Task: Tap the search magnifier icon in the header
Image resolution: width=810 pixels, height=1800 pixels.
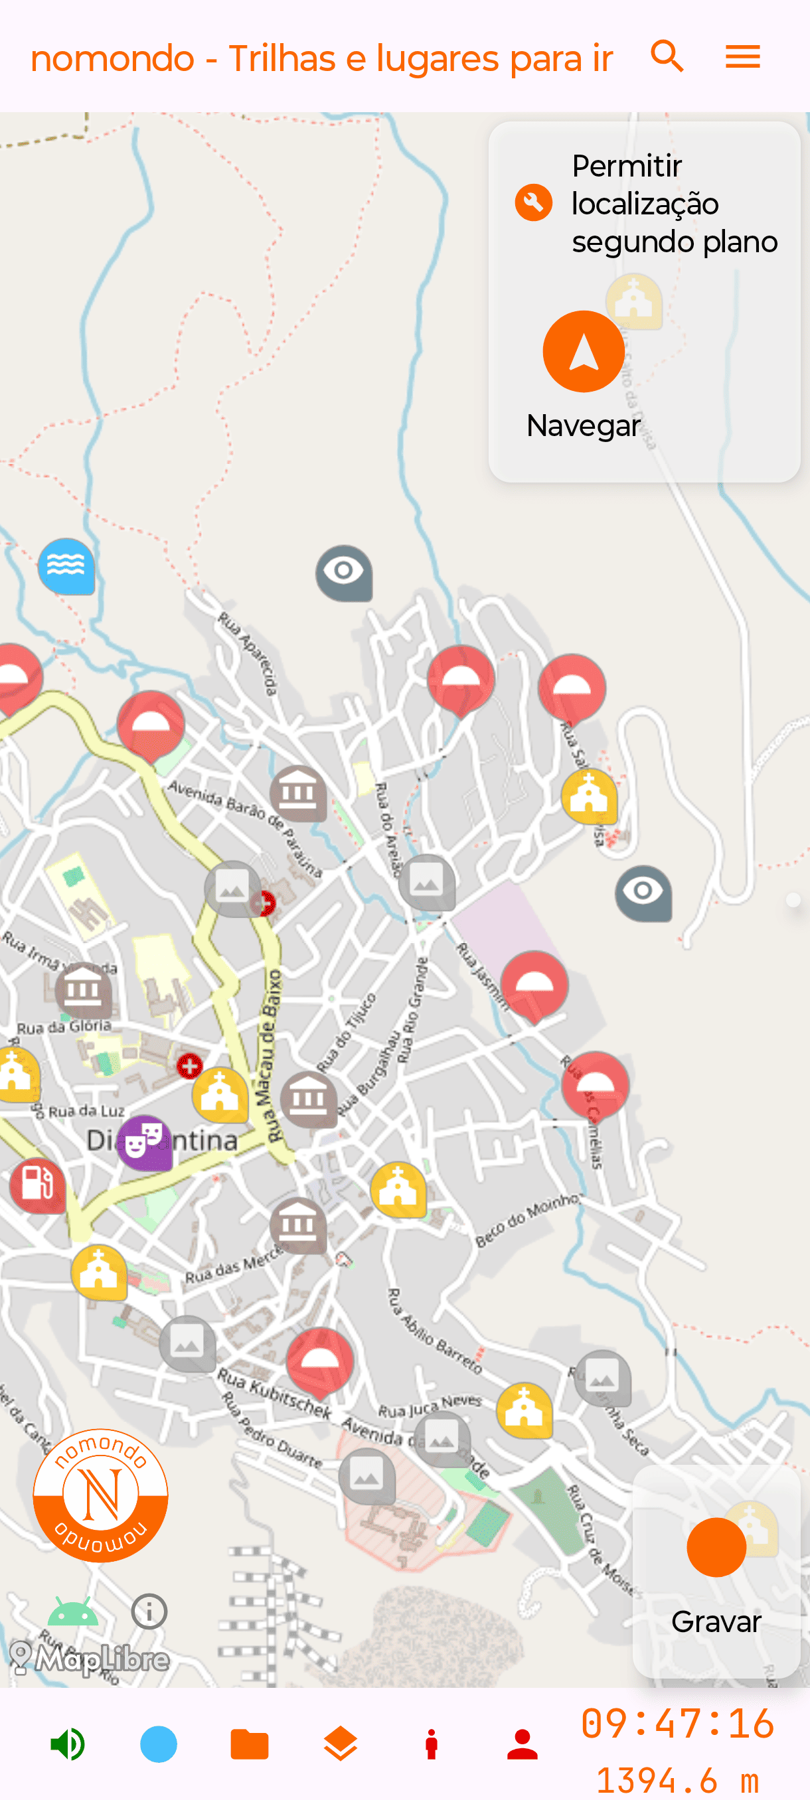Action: coord(667,56)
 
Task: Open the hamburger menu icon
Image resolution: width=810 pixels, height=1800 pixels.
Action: coord(742,56)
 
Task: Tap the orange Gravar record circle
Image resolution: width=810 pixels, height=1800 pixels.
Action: coord(716,1547)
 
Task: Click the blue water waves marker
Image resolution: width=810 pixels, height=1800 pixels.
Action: coord(66,565)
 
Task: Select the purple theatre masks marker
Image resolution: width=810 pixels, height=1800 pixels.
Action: coord(145,1142)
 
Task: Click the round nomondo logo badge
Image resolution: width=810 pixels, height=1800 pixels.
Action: coord(101,1495)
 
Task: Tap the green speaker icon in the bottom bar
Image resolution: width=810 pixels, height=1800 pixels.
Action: coord(68,1744)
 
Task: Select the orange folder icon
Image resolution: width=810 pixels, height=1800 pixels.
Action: coord(250,1744)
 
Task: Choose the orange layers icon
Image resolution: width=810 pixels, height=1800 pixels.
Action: coord(341,1744)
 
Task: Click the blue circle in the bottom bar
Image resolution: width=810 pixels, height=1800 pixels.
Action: coord(159,1744)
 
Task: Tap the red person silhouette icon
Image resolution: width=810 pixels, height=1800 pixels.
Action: coord(522,1744)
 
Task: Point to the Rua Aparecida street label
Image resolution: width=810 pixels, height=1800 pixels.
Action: coord(248,652)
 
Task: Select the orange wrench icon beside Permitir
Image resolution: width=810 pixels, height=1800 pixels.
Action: coord(533,202)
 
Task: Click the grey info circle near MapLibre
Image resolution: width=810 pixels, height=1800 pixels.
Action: coord(149,1612)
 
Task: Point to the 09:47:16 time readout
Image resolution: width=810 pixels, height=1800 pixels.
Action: coord(677,1723)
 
